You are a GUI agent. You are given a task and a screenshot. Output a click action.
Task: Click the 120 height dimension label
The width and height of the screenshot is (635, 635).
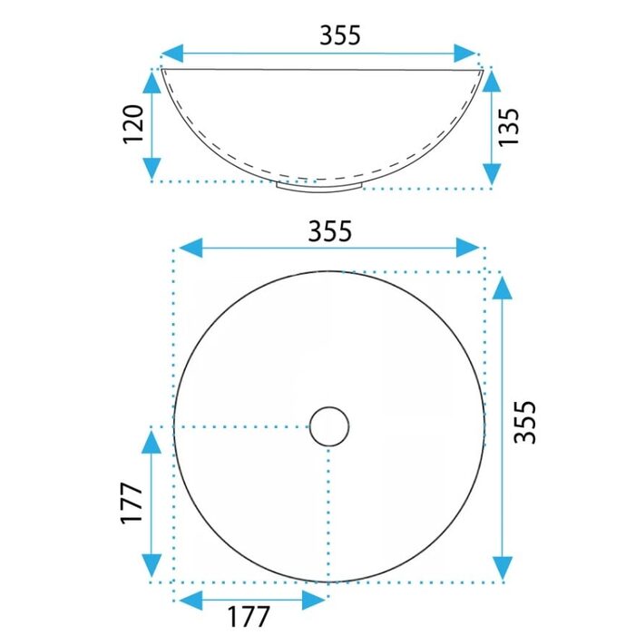(x=133, y=124)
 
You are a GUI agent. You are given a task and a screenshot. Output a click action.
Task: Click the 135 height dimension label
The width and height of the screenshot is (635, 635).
(x=508, y=127)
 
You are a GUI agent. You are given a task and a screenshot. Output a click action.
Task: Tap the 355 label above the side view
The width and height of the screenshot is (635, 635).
(x=340, y=35)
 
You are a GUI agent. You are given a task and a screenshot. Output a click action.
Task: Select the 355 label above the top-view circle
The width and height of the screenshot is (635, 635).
(x=329, y=231)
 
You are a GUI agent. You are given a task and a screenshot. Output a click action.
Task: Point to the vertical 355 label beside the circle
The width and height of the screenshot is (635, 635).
(x=524, y=422)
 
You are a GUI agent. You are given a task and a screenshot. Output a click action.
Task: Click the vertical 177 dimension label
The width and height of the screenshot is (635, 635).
(x=132, y=503)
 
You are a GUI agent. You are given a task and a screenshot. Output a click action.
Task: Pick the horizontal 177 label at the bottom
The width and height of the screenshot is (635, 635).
(x=249, y=616)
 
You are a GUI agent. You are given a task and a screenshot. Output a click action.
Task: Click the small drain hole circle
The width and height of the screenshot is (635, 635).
(x=329, y=426)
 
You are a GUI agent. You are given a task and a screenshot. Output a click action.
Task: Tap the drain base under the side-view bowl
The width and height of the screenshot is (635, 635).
(x=319, y=187)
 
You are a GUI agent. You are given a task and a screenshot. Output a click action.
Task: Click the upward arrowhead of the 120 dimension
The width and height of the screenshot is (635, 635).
(x=151, y=82)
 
